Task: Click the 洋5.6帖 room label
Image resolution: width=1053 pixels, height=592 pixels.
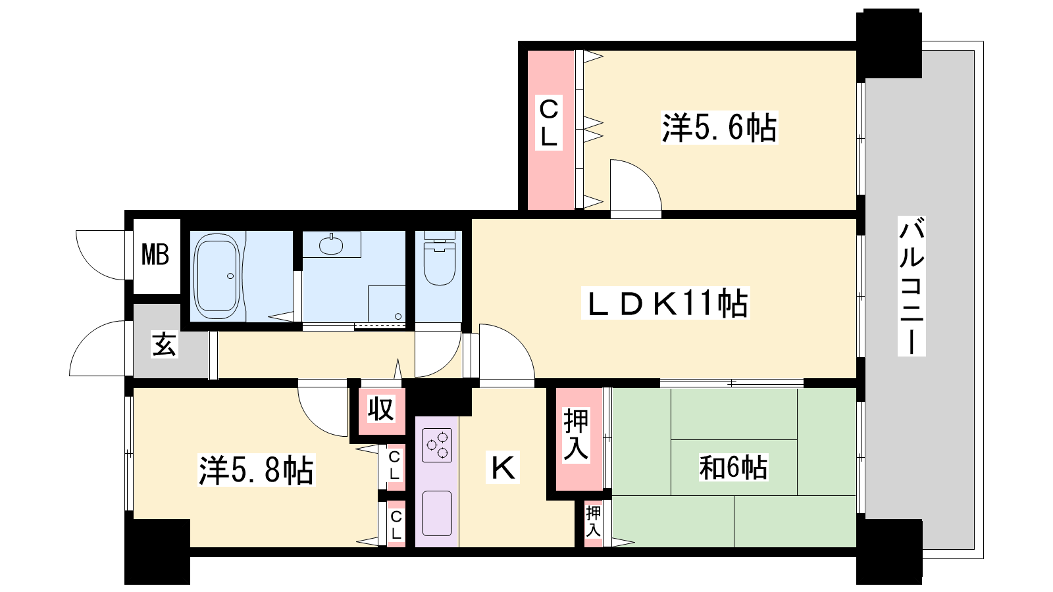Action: tap(719, 128)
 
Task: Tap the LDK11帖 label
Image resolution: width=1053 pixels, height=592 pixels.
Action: tap(665, 303)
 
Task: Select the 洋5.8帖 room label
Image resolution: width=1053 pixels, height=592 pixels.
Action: tap(256, 470)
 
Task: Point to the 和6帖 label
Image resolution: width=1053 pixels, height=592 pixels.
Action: tap(733, 468)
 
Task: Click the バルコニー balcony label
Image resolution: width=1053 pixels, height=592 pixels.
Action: tap(912, 285)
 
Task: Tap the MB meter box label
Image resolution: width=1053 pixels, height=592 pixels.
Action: tap(155, 255)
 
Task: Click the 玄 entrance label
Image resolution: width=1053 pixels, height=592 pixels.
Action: tap(164, 345)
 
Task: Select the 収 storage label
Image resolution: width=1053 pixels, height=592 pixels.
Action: tap(381, 409)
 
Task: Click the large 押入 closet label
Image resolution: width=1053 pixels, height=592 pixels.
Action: tap(576, 434)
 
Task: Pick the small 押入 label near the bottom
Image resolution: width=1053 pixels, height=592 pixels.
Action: tap(593, 522)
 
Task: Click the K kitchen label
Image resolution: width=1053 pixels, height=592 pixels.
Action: tap(503, 468)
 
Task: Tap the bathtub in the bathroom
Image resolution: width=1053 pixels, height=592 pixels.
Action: tap(217, 276)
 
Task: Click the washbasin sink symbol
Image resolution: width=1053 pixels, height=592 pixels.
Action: tap(331, 244)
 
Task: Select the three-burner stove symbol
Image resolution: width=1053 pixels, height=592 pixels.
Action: tap(437, 445)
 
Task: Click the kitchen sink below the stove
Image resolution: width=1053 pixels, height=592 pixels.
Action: tap(437, 513)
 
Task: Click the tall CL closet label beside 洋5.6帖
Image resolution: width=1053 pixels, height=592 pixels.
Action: tap(549, 122)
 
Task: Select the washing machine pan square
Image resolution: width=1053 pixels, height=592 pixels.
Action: tap(386, 303)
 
